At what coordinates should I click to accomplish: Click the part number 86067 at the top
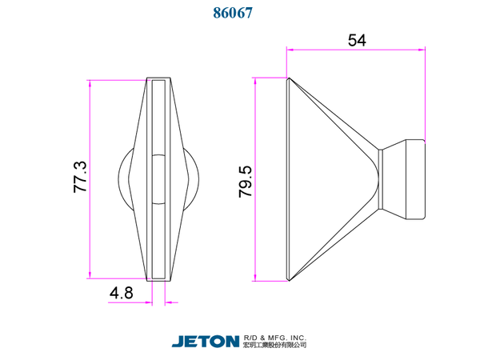pyautogui.click(x=233, y=13)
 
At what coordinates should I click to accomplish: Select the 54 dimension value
pyautogui.click(x=357, y=40)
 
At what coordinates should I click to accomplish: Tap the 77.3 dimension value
pyautogui.click(x=80, y=177)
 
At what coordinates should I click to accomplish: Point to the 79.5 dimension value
pyautogui.click(x=246, y=182)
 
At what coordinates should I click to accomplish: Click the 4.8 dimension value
pyautogui.click(x=122, y=293)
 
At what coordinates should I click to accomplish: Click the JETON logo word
pyautogui.click(x=206, y=342)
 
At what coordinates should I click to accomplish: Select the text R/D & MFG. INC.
pyautogui.click(x=275, y=338)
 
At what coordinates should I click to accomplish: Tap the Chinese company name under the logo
pyautogui.click(x=275, y=345)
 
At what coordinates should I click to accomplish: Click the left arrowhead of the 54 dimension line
pyautogui.click(x=290, y=50)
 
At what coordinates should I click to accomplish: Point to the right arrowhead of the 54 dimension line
pyautogui.click(x=422, y=50)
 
